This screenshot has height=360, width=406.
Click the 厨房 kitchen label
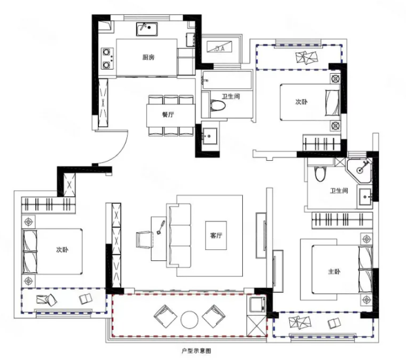[x=148, y=57]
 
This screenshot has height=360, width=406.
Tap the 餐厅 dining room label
[x=168, y=114]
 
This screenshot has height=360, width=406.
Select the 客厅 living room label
[x=216, y=236]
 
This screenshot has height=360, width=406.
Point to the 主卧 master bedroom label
[x=334, y=272]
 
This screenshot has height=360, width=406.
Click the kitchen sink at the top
[x=147, y=29]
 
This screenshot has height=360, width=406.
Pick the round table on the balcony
[x=189, y=319]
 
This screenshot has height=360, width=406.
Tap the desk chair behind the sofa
[x=143, y=240]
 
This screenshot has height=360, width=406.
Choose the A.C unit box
[x=219, y=47]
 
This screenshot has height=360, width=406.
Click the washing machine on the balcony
[x=257, y=305]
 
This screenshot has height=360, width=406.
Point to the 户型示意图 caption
[x=196, y=351]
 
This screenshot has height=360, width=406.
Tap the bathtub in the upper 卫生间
[x=227, y=80]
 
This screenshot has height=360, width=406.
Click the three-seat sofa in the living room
[x=179, y=236]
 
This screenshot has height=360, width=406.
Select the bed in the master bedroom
[x=342, y=269]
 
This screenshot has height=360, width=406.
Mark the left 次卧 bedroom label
[x=62, y=250]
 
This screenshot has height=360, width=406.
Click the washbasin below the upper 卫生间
[x=210, y=136]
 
